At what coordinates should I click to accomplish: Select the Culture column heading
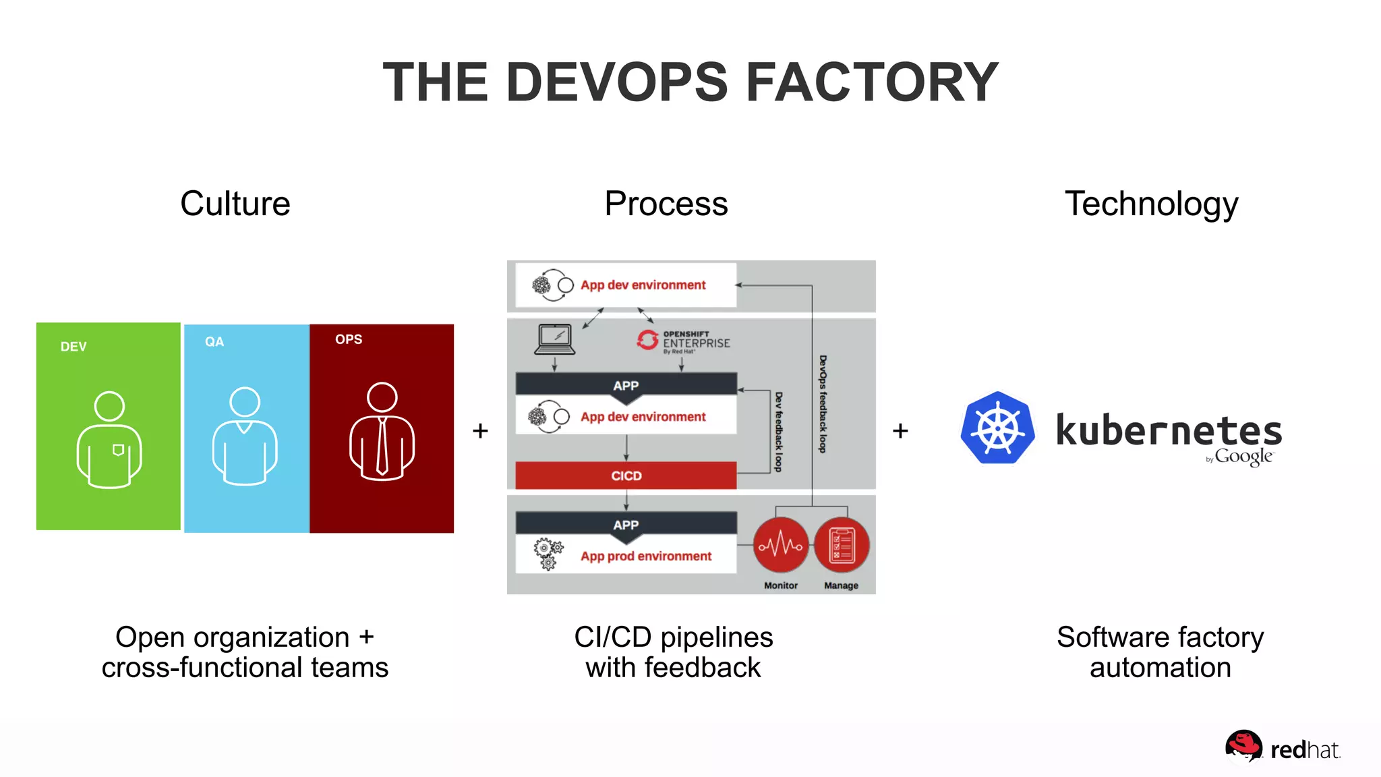point(235,204)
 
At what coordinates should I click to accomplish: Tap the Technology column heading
point(1151,204)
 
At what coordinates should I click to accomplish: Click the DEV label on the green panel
point(74,347)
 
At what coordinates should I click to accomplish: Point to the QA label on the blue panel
point(214,342)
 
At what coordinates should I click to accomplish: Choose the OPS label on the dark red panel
point(349,339)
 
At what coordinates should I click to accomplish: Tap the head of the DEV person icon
point(109,406)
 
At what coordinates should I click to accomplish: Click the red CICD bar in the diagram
point(626,476)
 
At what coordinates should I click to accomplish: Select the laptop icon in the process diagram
point(554,339)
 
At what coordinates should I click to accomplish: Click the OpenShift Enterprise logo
point(683,341)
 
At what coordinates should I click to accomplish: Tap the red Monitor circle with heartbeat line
point(781,545)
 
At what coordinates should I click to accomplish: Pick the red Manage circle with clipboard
point(842,545)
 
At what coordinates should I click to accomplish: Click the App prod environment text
point(646,556)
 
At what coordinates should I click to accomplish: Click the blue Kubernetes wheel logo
point(997,428)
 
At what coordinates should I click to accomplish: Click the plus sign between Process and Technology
point(900,430)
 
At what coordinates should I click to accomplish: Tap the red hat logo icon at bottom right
point(1243,746)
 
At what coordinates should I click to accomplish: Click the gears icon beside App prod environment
point(548,554)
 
